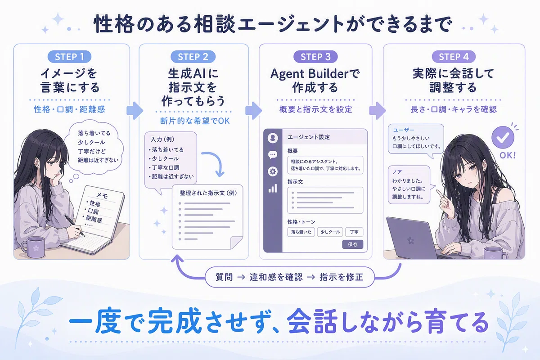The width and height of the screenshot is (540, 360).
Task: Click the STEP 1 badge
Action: [69, 57]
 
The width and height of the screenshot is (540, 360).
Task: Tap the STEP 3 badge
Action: [315, 57]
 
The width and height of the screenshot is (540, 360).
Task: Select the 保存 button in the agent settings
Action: [352, 244]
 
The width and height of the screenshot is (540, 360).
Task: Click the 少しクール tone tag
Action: [330, 232]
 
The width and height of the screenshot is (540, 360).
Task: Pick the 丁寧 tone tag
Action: [354, 232]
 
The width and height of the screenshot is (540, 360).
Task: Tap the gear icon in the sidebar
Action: [273, 171]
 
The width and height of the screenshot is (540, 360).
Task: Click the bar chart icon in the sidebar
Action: [273, 188]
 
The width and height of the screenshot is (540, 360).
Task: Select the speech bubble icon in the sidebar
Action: [273, 154]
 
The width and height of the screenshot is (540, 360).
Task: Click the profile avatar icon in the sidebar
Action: [273, 138]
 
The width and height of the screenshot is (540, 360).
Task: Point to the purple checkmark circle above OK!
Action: [503, 137]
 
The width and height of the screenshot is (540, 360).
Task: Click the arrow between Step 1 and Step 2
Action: [135, 111]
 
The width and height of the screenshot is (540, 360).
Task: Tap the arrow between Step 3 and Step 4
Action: [378, 111]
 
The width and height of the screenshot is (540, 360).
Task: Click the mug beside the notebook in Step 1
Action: [33, 247]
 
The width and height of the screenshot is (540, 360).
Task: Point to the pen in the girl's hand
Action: [75, 225]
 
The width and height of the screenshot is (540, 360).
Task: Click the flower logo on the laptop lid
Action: [410, 240]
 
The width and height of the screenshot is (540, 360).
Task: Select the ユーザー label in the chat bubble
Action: [404, 130]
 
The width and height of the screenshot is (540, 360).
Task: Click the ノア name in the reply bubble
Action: [397, 172]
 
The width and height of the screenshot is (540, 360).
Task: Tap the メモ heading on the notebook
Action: [102, 196]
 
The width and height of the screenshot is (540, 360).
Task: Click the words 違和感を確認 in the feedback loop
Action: [276, 277]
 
